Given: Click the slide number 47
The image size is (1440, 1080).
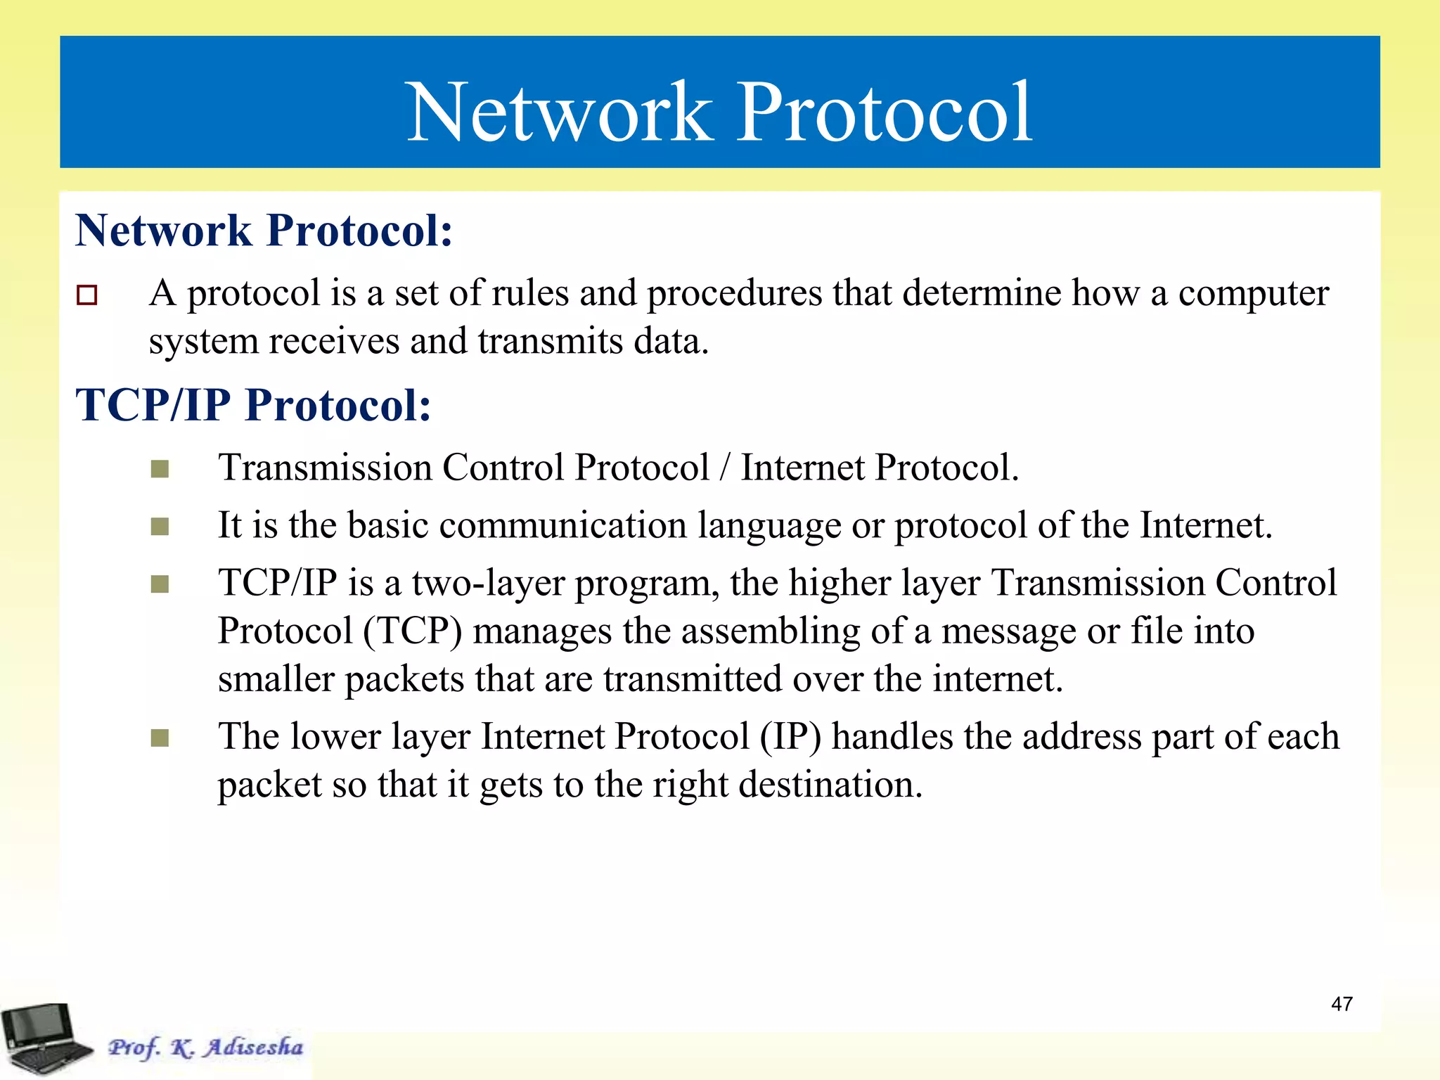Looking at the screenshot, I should pos(1342,1003).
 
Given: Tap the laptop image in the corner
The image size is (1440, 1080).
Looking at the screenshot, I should pos(44,1038).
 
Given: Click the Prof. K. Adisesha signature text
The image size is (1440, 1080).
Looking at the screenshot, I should pos(205,1047).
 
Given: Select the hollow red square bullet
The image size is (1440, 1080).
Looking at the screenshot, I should pos(87,295).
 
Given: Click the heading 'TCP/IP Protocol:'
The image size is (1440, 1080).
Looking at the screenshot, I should pos(253,405).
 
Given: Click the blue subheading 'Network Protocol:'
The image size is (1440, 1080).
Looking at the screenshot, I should pos(264,230).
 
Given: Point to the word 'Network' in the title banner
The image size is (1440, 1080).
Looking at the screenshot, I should pos(560,112).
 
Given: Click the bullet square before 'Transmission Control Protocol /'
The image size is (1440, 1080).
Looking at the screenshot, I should pos(160,468).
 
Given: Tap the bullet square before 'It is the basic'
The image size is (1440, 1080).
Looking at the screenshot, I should pos(160,526).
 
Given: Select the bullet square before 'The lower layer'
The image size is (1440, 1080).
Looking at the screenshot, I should pos(160,738).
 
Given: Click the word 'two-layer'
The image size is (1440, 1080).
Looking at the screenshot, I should pos(488,584).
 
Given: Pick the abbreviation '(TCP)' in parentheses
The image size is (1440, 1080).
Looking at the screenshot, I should pos(413,631).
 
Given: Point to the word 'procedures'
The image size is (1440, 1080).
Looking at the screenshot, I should pos(734,294).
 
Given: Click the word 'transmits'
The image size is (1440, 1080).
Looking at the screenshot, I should pos(550,342).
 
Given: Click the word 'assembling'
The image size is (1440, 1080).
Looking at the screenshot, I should pos(771,631).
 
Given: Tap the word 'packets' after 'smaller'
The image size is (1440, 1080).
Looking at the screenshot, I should pos(404,680).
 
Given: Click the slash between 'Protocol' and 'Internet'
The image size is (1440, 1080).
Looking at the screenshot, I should pos(725,468).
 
